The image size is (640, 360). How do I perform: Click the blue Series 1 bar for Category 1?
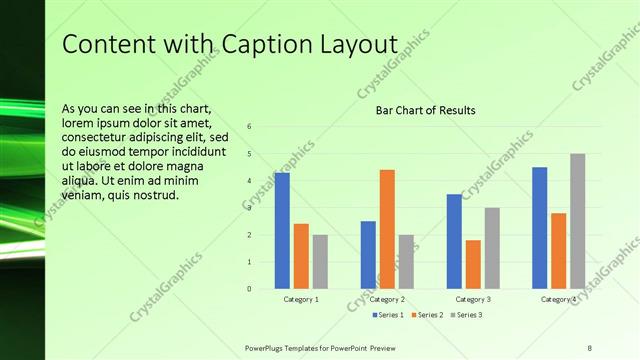point(282,230)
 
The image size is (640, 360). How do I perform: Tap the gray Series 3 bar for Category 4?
point(577,221)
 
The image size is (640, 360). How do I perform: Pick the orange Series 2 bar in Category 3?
point(473,264)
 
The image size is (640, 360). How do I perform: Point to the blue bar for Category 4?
point(540,227)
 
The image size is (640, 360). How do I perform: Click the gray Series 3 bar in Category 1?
point(320,261)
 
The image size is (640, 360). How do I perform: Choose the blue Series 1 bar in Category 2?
point(368,254)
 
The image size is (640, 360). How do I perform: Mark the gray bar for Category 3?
point(492,248)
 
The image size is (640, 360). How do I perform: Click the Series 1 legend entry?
point(389,315)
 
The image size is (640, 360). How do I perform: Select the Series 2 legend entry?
point(426,315)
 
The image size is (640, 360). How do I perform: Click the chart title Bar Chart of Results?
point(425,110)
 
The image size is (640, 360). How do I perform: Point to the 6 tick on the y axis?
point(249,126)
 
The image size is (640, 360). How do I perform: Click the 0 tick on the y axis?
point(249,288)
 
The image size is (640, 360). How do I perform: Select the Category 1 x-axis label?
point(301,299)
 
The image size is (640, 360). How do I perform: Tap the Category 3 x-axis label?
point(473,299)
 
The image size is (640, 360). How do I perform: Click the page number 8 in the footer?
point(590,347)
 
